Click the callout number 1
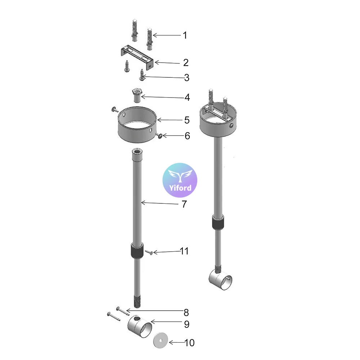click(185, 35)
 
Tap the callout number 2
click(186, 63)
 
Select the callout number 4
click(187, 97)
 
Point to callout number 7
click(184, 204)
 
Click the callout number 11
click(184, 251)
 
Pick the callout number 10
click(190, 343)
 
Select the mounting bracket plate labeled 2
click(137, 57)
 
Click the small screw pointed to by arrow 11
click(149, 253)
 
